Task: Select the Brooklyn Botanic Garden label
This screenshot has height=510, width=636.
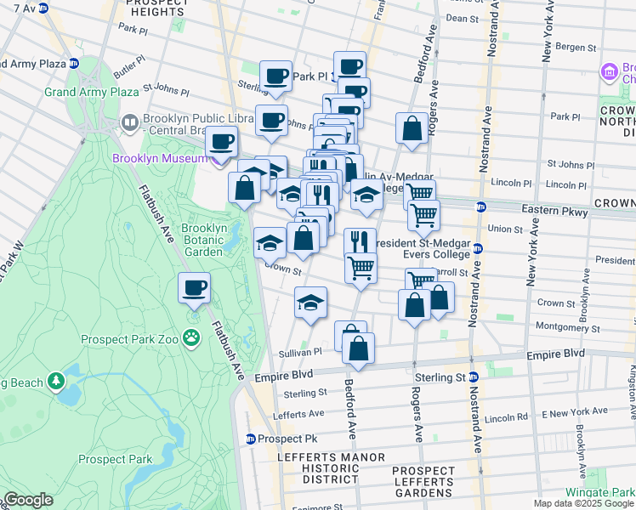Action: click(x=203, y=240)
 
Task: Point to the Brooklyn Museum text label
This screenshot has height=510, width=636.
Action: click(x=159, y=158)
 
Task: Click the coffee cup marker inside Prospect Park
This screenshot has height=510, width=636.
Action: click(x=195, y=288)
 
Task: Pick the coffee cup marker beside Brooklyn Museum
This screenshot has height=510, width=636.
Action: click(x=222, y=141)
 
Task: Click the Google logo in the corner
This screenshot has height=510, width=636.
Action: click(x=27, y=500)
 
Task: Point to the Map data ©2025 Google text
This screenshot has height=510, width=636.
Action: click(x=583, y=502)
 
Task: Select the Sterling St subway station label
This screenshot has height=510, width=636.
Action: click(x=441, y=377)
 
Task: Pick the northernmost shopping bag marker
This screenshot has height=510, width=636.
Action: click(x=412, y=129)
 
